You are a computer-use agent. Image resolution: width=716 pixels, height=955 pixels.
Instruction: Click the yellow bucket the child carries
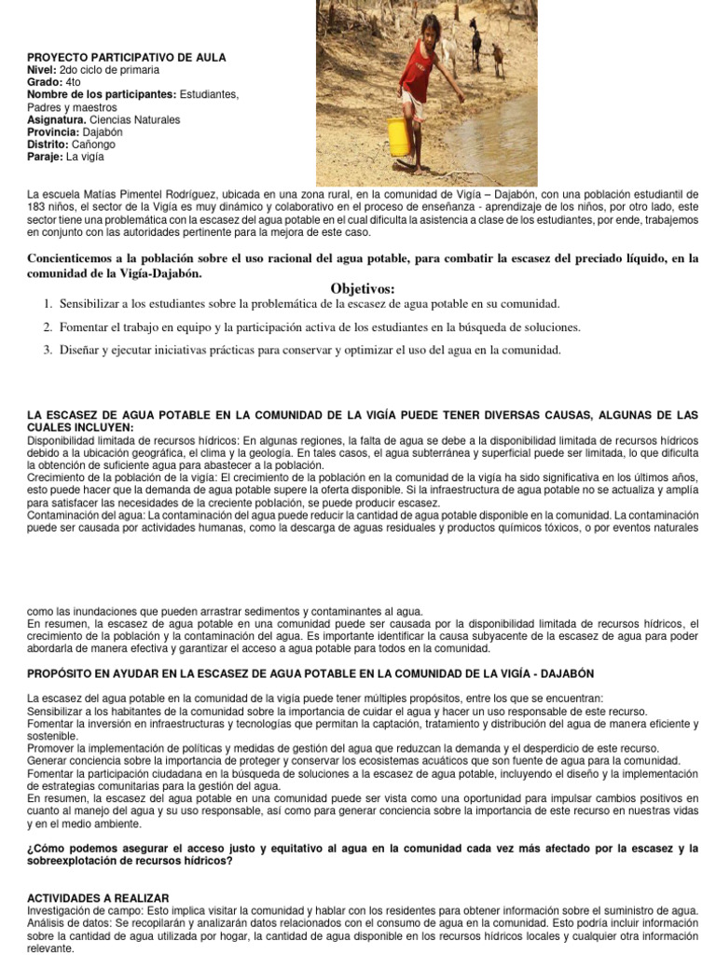click(399, 137)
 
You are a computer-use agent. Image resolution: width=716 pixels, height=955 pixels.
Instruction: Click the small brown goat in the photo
click(498, 58)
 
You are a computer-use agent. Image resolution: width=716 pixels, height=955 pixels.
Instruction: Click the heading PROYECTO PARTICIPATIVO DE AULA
click(127, 58)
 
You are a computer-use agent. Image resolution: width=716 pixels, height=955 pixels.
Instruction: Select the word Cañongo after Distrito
click(96, 145)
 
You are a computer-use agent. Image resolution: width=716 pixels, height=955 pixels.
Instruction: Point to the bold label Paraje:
click(46, 158)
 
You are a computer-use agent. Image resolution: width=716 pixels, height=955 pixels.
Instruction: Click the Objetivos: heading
click(363, 289)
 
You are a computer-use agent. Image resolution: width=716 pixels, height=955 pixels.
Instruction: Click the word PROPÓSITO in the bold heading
click(63, 673)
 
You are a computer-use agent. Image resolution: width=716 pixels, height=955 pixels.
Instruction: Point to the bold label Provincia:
click(54, 132)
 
